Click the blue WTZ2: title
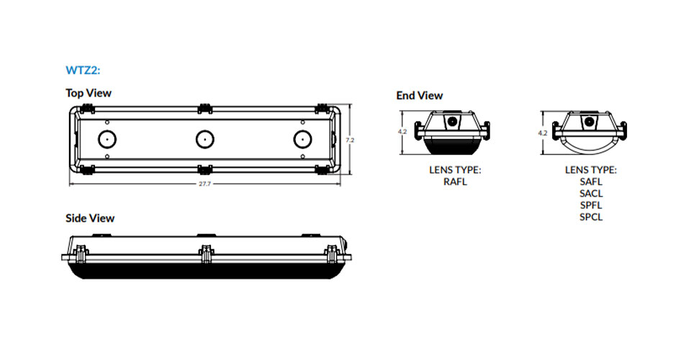pos(83,70)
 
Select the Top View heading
pos(89,93)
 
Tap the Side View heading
pos(90,218)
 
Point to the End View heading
pos(420,96)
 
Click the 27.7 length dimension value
pos(205,184)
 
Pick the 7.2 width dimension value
pos(350,140)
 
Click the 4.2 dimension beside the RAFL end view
pos(402,132)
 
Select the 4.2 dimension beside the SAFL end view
pos(543,132)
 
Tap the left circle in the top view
pos(107,140)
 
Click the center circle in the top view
pos(205,140)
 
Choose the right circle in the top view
pos(303,140)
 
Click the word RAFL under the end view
pos(455,181)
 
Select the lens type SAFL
pos(591,181)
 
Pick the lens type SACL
pos(591,194)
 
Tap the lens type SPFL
pos(591,205)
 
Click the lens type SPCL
pos(591,217)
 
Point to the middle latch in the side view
pos(206,254)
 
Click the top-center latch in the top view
pos(205,109)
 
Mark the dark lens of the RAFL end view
pos(452,146)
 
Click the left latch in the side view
pos(80,254)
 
